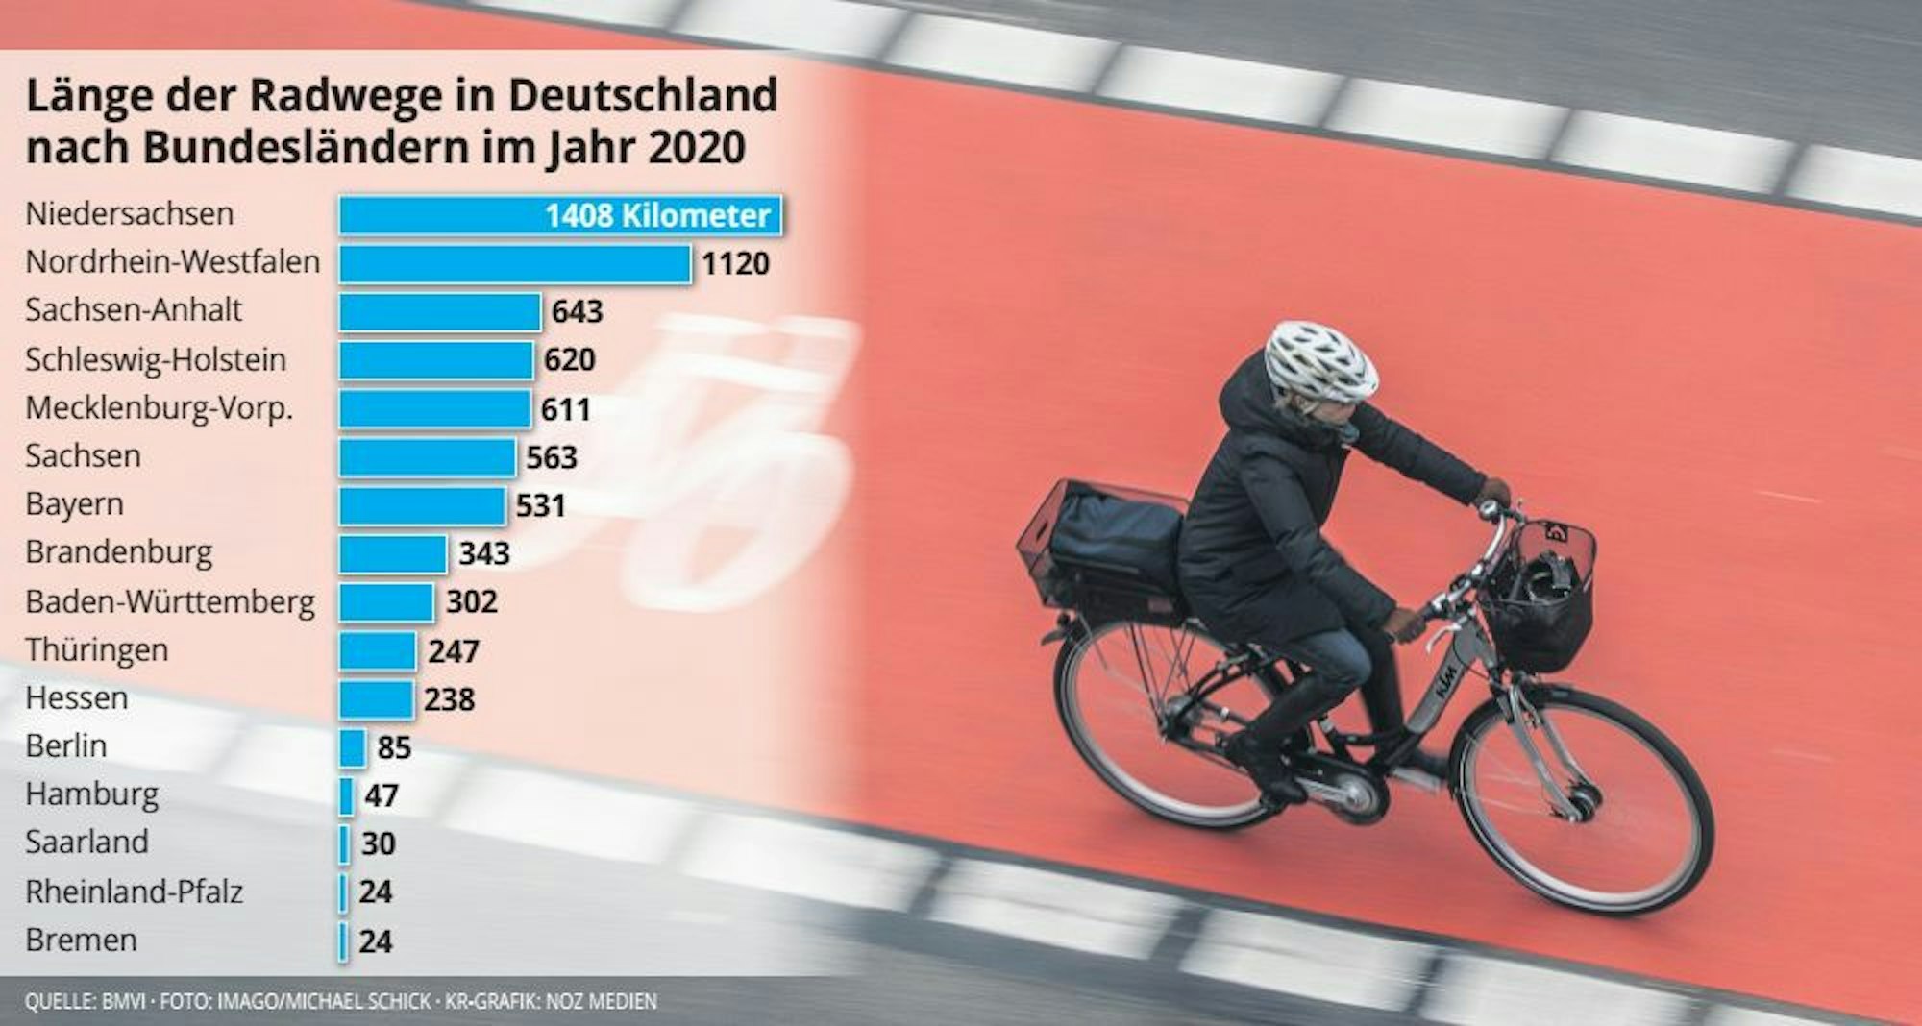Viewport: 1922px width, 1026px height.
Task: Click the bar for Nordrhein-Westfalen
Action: coord(514,263)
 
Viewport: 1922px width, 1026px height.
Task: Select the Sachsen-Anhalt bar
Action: coord(439,311)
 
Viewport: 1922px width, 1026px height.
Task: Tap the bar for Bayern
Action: coord(422,505)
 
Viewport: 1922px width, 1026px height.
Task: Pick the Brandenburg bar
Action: coord(392,553)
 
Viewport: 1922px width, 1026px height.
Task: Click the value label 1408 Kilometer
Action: coord(657,215)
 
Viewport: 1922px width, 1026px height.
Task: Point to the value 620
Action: coord(570,360)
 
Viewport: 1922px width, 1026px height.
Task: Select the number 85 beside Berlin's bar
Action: coord(394,747)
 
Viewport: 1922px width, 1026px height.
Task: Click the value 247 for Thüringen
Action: coord(453,651)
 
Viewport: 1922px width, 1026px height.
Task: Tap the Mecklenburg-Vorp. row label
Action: coord(159,408)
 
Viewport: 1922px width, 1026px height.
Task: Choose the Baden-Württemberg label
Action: coord(169,602)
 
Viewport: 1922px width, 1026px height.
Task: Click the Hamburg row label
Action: coord(91,794)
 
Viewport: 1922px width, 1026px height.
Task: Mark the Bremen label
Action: coord(81,940)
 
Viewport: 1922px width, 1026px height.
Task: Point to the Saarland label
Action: coord(86,843)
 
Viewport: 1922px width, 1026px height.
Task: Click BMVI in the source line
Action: coord(122,1002)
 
